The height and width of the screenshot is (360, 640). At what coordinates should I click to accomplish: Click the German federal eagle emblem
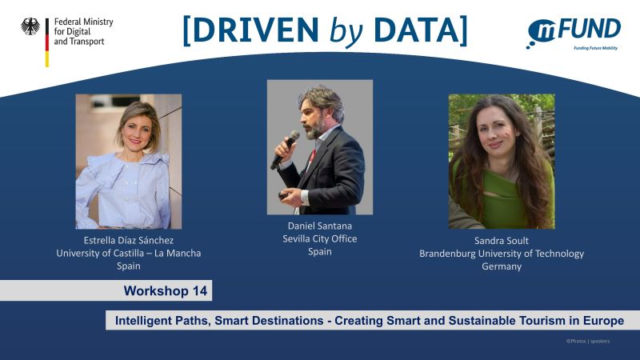pos(30,27)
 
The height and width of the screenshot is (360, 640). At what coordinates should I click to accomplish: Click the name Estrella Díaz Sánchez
pos(129,239)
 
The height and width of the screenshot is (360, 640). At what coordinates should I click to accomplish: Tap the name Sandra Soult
pos(502,240)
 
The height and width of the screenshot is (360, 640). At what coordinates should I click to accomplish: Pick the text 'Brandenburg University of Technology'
pos(502,254)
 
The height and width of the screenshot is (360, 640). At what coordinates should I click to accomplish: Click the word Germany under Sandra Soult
pos(502,266)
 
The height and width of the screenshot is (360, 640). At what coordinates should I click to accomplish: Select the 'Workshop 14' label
pos(166,290)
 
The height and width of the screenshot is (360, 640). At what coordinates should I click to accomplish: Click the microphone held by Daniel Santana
pos(285,149)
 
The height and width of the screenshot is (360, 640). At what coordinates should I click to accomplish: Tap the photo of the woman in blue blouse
pos(129,161)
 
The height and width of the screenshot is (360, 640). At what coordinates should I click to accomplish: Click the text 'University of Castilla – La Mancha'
pos(129,253)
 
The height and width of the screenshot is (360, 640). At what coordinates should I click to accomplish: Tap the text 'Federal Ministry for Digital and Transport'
pos(83,31)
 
